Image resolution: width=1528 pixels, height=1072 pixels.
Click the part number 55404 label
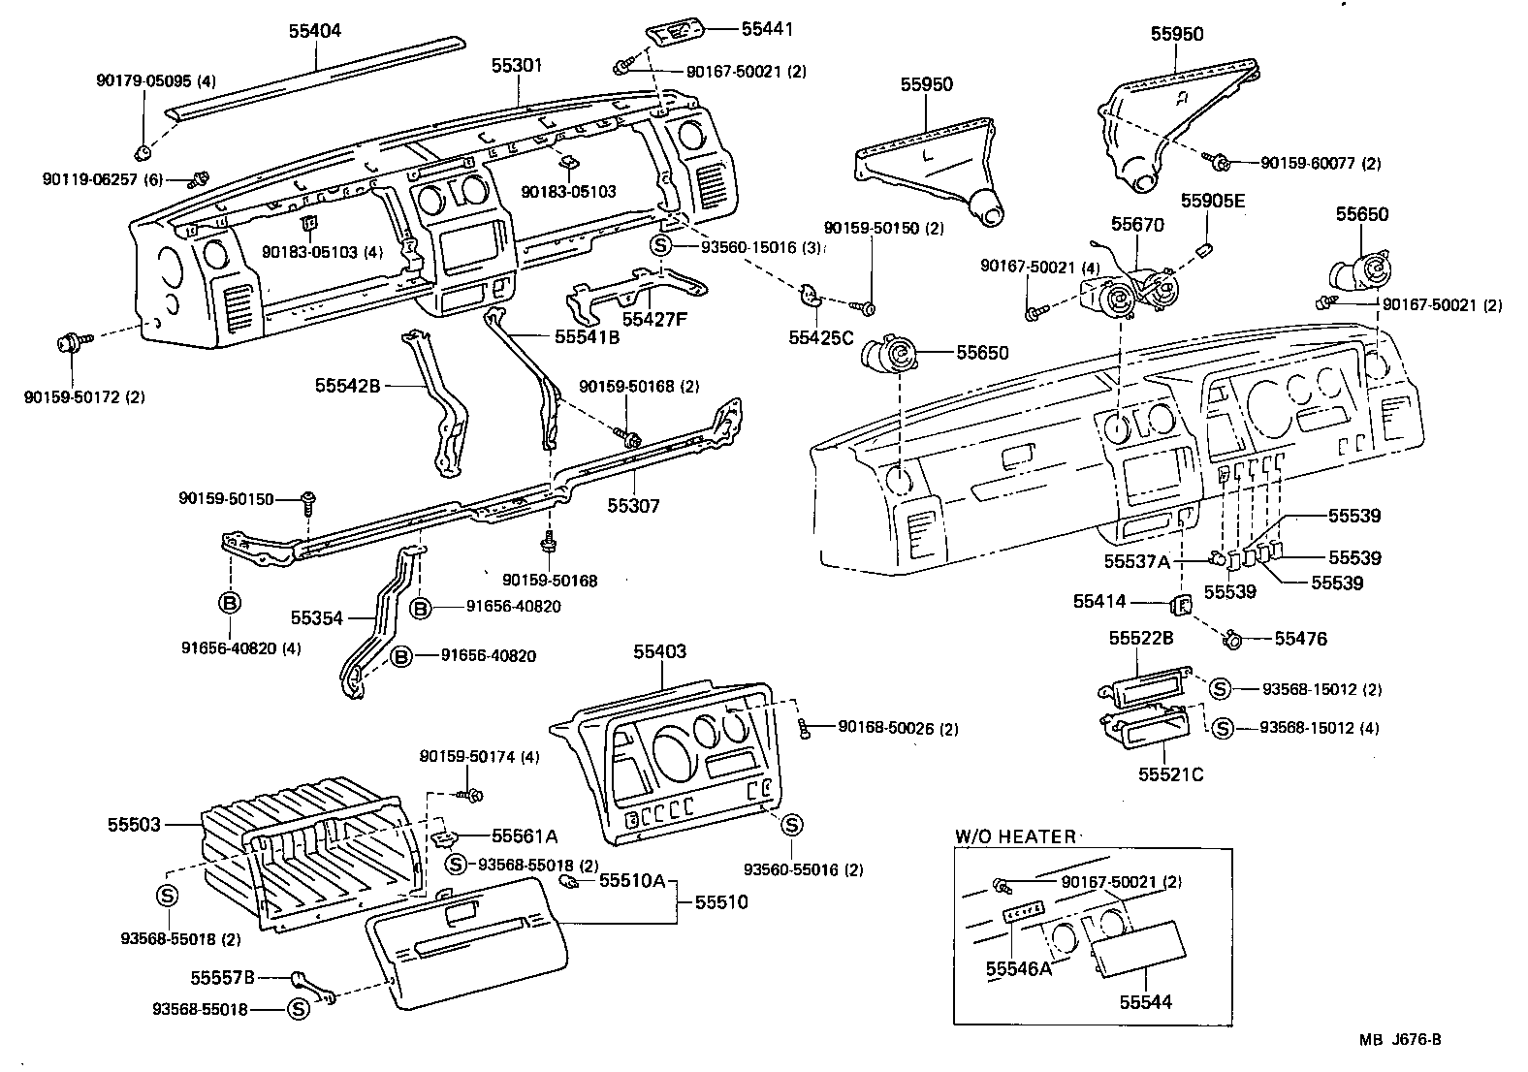tap(315, 30)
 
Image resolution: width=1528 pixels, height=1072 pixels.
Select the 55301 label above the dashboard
tap(517, 66)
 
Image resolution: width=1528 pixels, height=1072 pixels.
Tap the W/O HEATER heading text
tap(1015, 836)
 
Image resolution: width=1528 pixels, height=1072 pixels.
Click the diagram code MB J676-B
tap(1399, 1040)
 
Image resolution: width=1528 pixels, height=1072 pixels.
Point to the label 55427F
tap(654, 318)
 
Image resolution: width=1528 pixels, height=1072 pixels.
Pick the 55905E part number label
tap(1212, 201)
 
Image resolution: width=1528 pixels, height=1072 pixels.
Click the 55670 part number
tap(1137, 224)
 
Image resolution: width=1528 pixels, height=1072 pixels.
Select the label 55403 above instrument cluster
tap(660, 651)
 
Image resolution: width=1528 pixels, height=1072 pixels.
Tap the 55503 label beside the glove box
tap(134, 825)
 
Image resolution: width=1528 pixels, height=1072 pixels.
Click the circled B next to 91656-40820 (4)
tap(230, 603)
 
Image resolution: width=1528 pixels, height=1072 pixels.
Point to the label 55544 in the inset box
tap(1146, 1002)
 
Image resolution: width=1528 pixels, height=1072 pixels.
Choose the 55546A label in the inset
tap(1018, 967)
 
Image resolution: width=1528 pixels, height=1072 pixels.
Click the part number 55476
tap(1300, 638)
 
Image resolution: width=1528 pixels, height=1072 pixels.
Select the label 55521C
tap(1170, 775)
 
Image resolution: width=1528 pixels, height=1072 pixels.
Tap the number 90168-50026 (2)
tap(898, 728)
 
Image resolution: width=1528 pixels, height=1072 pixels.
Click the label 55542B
tap(346, 385)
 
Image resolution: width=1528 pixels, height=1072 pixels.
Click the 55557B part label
tap(222, 977)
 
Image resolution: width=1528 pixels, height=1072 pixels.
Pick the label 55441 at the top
tap(767, 29)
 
